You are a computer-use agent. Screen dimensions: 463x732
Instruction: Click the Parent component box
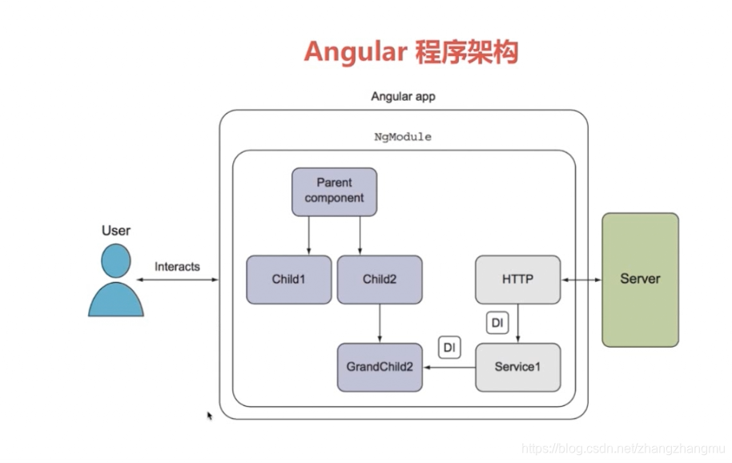pyautogui.click(x=334, y=191)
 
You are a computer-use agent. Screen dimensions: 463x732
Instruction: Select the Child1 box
pyautogui.click(x=288, y=280)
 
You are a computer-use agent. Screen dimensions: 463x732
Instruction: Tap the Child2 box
pyautogui.click(x=379, y=280)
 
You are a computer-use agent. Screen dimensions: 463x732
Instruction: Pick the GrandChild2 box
pyautogui.click(x=379, y=367)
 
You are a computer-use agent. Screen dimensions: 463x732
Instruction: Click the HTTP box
pyautogui.click(x=517, y=280)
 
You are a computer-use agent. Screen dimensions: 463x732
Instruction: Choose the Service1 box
pyautogui.click(x=517, y=367)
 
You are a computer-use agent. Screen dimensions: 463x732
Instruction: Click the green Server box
pyautogui.click(x=640, y=280)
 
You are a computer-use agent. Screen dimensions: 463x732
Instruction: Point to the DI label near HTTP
pyautogui.click(x=497, y=323)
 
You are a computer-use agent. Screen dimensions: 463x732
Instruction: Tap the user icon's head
pyautogui.click(x=115, y=260)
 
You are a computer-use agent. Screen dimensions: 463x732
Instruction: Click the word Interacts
pyautogui.click(x=177, y=267)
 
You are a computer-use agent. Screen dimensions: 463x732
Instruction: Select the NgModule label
pyautogui.click(x=403, y=137)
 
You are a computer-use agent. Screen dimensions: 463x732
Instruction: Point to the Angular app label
pyautogui.click(x=403, y=96)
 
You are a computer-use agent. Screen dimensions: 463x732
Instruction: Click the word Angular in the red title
pyautogui.click(x=353, y=51)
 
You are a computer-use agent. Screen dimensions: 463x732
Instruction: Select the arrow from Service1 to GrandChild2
pyautogui.click(x=448, y=367)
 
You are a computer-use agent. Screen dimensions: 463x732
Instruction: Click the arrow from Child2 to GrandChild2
pyautogui.click(x=379, y=324)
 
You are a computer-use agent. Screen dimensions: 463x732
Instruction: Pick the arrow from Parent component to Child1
pyautogui.click(x=309, y=236)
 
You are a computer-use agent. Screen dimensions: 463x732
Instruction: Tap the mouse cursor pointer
pyautogui.click(x=210, y=416)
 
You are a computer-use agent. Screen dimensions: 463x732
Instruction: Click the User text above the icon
pyautogui.click(x=115, y=230)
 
